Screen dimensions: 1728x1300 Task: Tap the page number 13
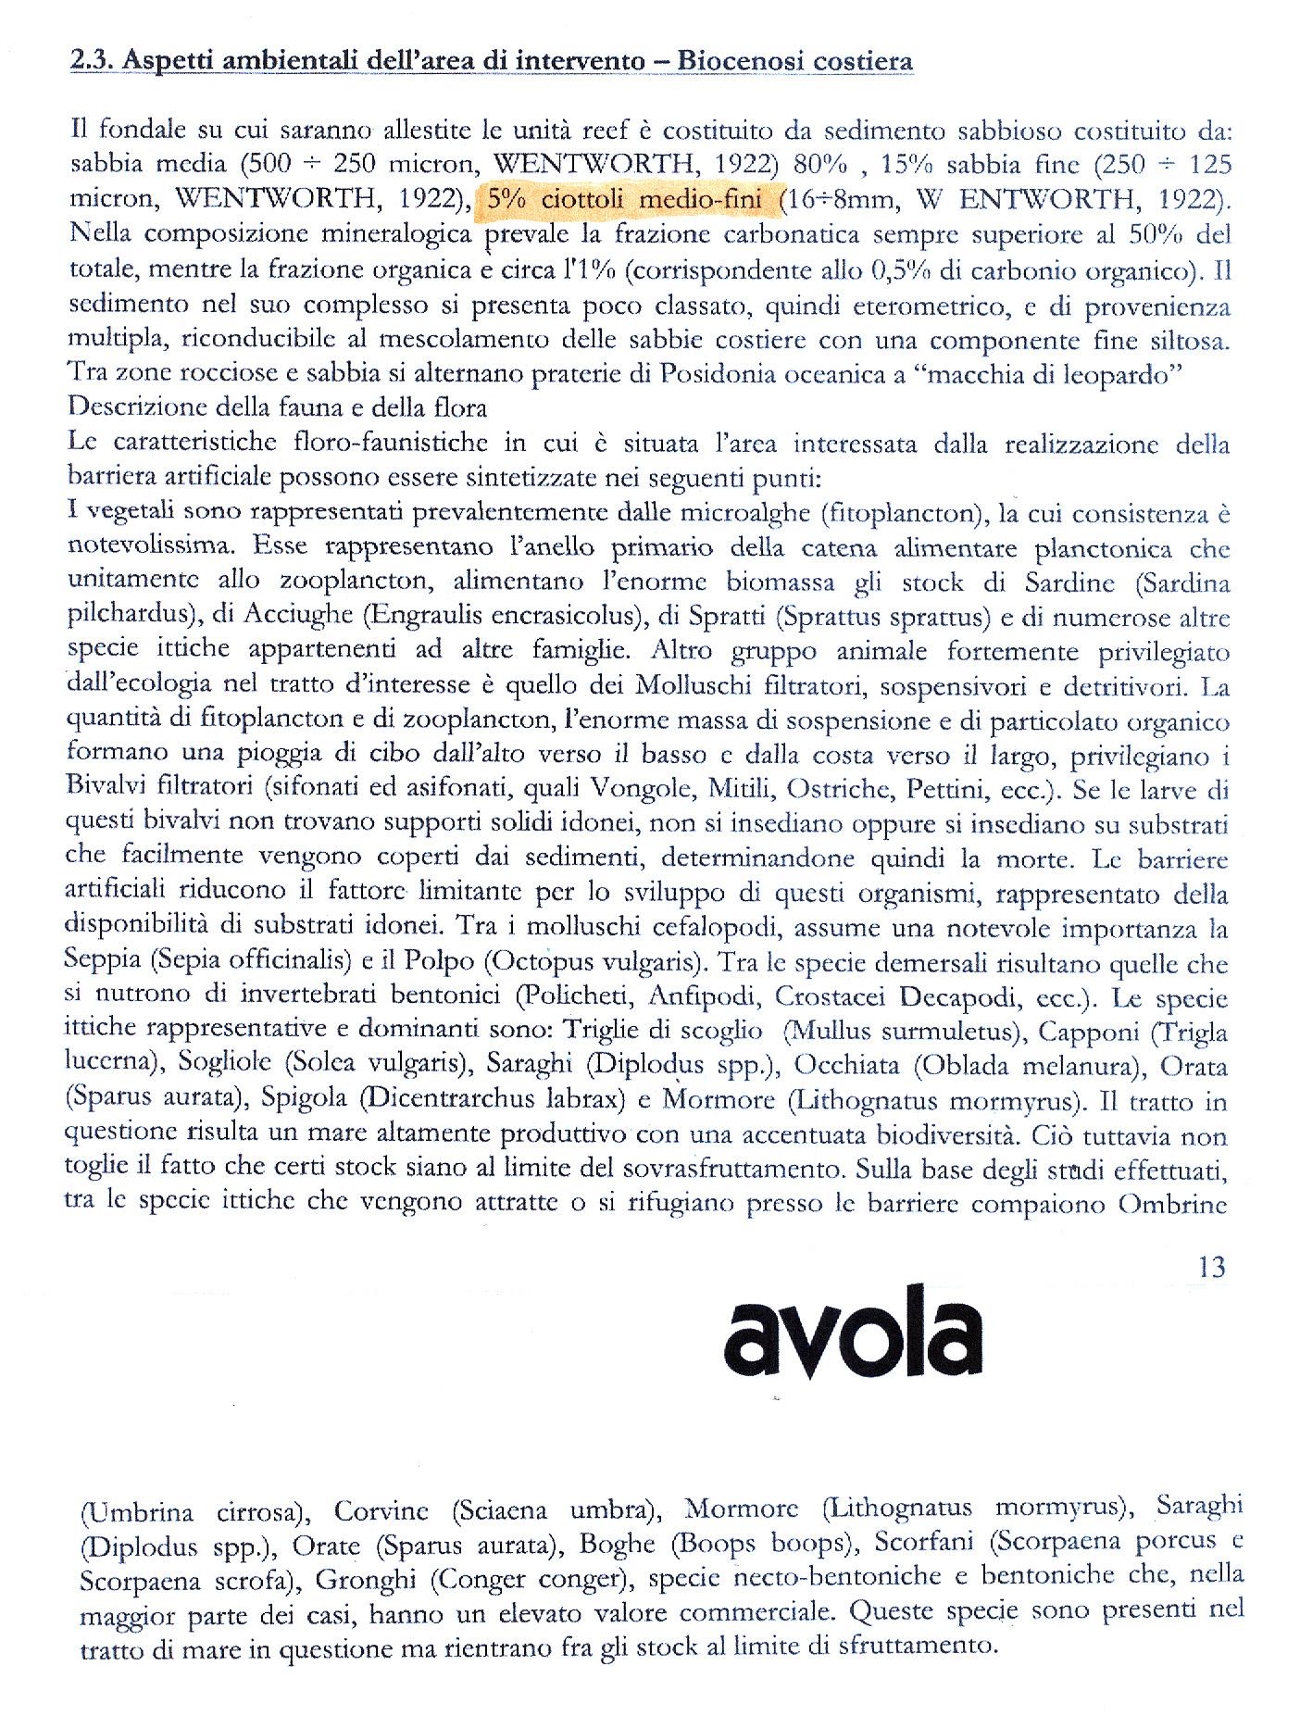tap(1211, 1267)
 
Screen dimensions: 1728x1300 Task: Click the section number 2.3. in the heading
tap(93, 61)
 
